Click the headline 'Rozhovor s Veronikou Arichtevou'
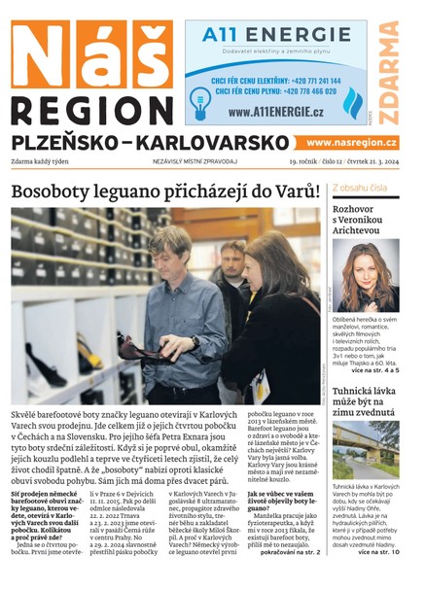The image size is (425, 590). pyautogui.click(x=363, y=219)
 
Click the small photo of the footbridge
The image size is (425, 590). pyautogui.click(x=365, y=450)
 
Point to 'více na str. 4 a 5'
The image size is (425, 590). pyautogui.click(x=377, y=369)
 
